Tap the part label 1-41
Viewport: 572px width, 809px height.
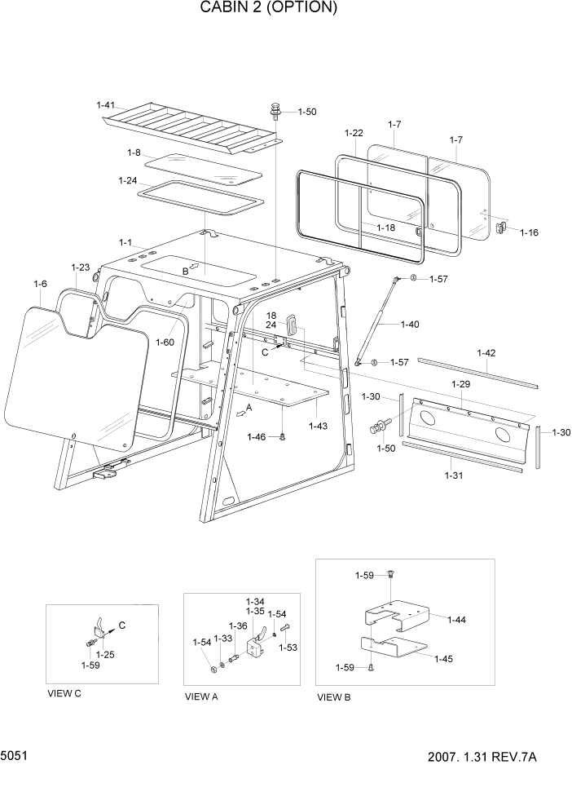tap(106, 105)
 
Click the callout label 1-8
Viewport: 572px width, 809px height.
tap(134, 153)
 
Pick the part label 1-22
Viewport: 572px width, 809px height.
tap(354, 133)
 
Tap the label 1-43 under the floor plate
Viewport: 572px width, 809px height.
tap(319, 425)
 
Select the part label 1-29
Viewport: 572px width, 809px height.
tap(460, 383)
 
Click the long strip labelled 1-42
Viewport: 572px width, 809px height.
tap(477, 371)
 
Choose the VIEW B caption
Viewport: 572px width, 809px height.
tap(334, 697)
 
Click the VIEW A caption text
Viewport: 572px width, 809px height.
tap(201, 696)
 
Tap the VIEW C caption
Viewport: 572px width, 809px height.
tap(65, 694)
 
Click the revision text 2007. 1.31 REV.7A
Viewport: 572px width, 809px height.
tap(482, 758)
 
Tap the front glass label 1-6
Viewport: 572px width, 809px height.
tap(40, 283)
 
